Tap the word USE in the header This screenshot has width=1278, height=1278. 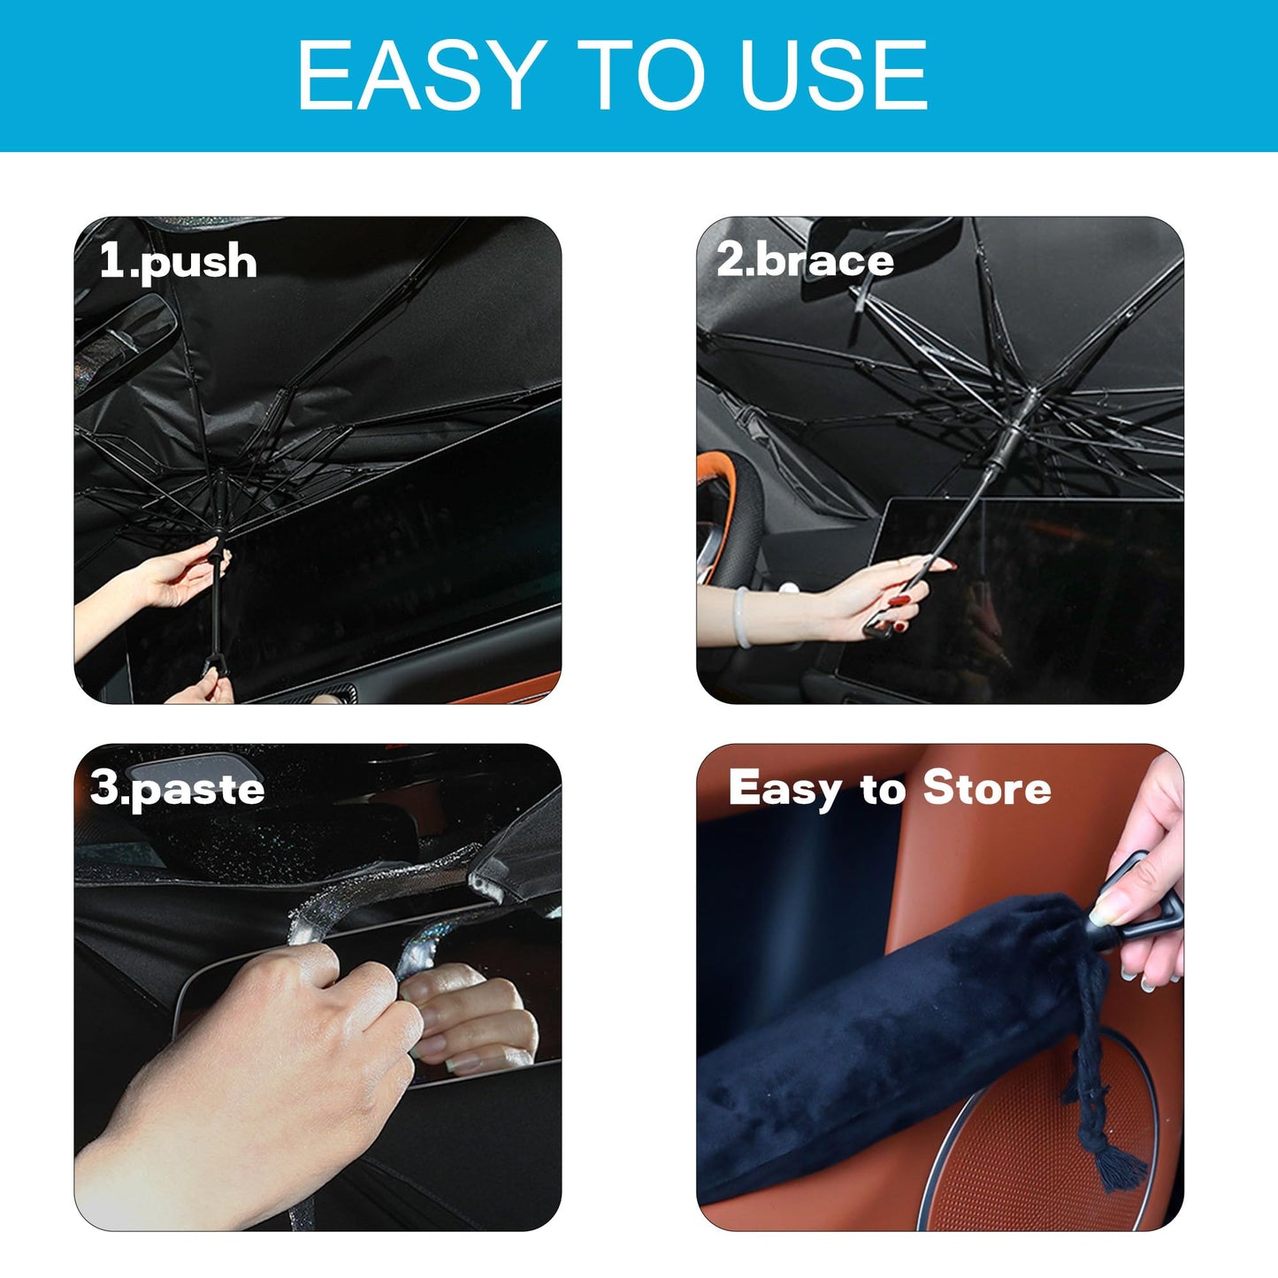pos(833,76)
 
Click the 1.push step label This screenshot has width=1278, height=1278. pos(178,262)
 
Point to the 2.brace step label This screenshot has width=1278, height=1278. pos(805,260)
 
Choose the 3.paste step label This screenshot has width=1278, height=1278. pos(178,788)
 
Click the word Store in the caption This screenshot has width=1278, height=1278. pos(986,787)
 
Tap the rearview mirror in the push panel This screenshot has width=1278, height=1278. pos(124,341)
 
